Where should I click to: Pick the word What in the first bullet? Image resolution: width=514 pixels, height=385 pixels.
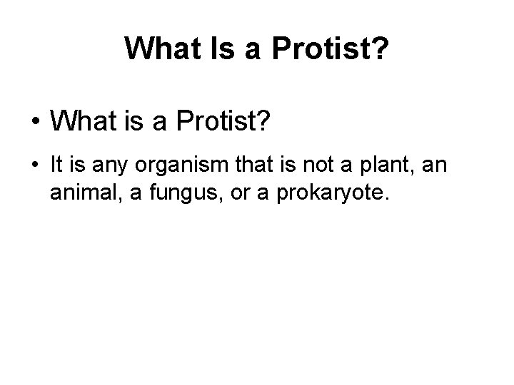click(80, 123)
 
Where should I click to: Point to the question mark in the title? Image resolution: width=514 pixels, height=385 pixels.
click(381, 48)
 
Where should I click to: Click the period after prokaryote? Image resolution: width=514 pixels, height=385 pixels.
click(386, 200)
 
